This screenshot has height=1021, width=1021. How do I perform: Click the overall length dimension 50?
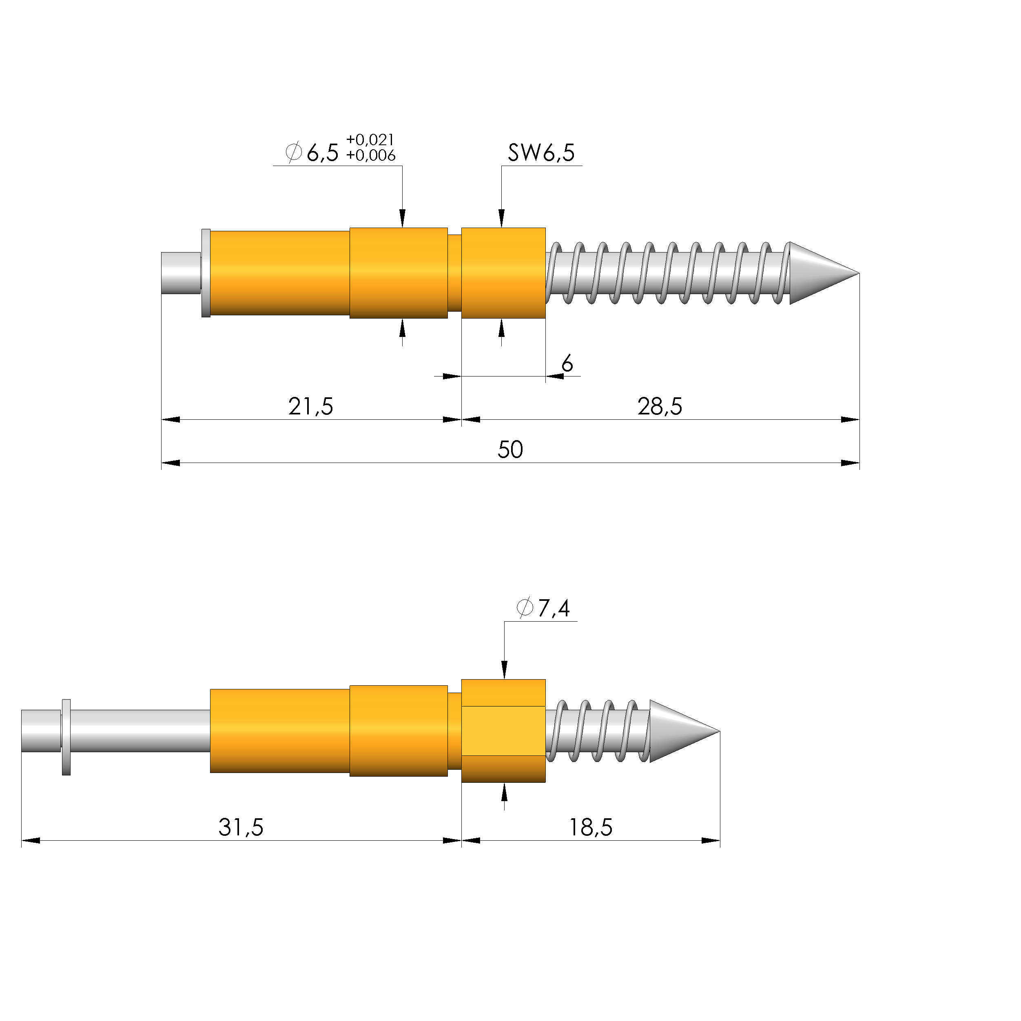[x=510, y=450]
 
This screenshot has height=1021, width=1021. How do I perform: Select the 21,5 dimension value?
[x=311, y=407]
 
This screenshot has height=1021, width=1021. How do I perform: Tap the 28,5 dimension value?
[x=660, y=407]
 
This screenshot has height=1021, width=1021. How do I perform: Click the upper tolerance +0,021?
[x=370, y=140]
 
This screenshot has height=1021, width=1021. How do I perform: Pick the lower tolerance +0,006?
[x=370, y=155]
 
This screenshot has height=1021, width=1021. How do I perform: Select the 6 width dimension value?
[x=567, y=363]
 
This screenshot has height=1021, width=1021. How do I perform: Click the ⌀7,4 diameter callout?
[x=543, y=609]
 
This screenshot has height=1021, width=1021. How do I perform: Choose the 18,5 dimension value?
[x=590, y=828]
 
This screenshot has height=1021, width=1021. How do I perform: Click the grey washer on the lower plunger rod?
[x=66, y=737]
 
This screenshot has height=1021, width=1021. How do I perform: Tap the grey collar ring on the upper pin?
[x=206, y=273]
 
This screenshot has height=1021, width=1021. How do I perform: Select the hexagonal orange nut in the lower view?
[x=503, y=731]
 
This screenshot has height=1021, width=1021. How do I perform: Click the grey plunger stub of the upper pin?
[x=180, y=273]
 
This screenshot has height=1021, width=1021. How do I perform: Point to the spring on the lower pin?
[x=597, y=731]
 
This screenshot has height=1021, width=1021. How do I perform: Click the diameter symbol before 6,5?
[x=293, y=152]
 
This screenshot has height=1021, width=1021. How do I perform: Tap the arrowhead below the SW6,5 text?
[x=501, y=218]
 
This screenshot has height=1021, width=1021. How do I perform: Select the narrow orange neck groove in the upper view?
[x=454, y=273]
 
